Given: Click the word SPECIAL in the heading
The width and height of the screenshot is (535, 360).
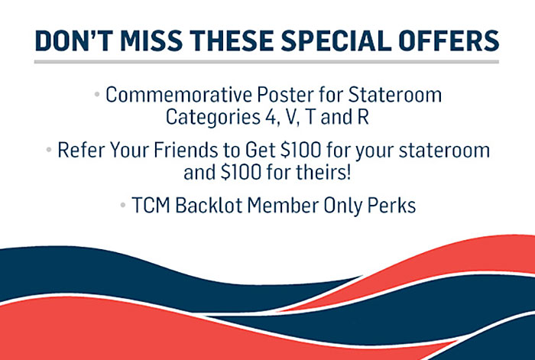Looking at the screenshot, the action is click(x=336, y=41).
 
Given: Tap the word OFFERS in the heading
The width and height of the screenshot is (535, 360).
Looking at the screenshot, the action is click(x=449, y=41).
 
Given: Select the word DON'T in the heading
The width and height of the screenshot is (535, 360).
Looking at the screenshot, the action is click(x=73, y=41).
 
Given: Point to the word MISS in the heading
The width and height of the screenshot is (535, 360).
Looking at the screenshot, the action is click(x=151, y=41).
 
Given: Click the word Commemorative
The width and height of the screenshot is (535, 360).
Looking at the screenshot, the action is click(x=179, y=95).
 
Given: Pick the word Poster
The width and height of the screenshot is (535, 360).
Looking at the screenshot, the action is click(x=285, y=95).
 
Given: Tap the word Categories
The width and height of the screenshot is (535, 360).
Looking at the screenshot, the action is click(x=213, y=117).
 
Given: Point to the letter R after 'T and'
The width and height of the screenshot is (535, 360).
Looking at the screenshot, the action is click(x=363, y=117).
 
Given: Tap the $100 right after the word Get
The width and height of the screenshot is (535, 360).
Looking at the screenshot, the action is click(x=301, y=150).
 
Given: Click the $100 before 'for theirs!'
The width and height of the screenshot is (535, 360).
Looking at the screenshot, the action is click(x=241, y=172).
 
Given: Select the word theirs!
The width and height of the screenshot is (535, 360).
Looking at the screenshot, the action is click(x=325, y=172).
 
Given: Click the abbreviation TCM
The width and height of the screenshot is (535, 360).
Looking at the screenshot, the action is click(x=151, y=206).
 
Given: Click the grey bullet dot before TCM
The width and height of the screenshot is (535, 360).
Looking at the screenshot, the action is click(x=123, y=205).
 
